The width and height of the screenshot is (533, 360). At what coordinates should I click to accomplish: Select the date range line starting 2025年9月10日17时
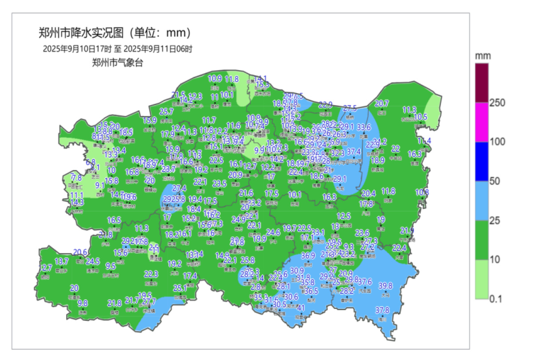[x=118, y=49]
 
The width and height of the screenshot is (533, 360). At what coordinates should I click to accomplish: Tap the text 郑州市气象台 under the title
[x=118, y=63]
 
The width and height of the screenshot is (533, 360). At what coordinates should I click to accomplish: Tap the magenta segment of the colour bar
[x=481, y=123]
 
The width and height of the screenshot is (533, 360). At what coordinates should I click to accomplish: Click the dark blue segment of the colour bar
[x=481, y=162]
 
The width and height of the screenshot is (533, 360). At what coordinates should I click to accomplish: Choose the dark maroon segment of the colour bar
[x=481, y=83]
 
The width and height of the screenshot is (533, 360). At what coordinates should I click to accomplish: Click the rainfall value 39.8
[x=385, y=285]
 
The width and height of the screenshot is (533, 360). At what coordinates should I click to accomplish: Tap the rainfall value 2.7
[x=47, y=268]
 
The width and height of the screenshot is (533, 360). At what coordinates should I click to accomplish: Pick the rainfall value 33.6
[x=364, y=127]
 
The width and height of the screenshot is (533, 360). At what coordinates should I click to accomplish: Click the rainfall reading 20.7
[x=382, y=103]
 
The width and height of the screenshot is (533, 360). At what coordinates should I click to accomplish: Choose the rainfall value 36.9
[x=308, y=256]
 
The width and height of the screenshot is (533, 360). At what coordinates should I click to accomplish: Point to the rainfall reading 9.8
[x=83, y=303]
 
